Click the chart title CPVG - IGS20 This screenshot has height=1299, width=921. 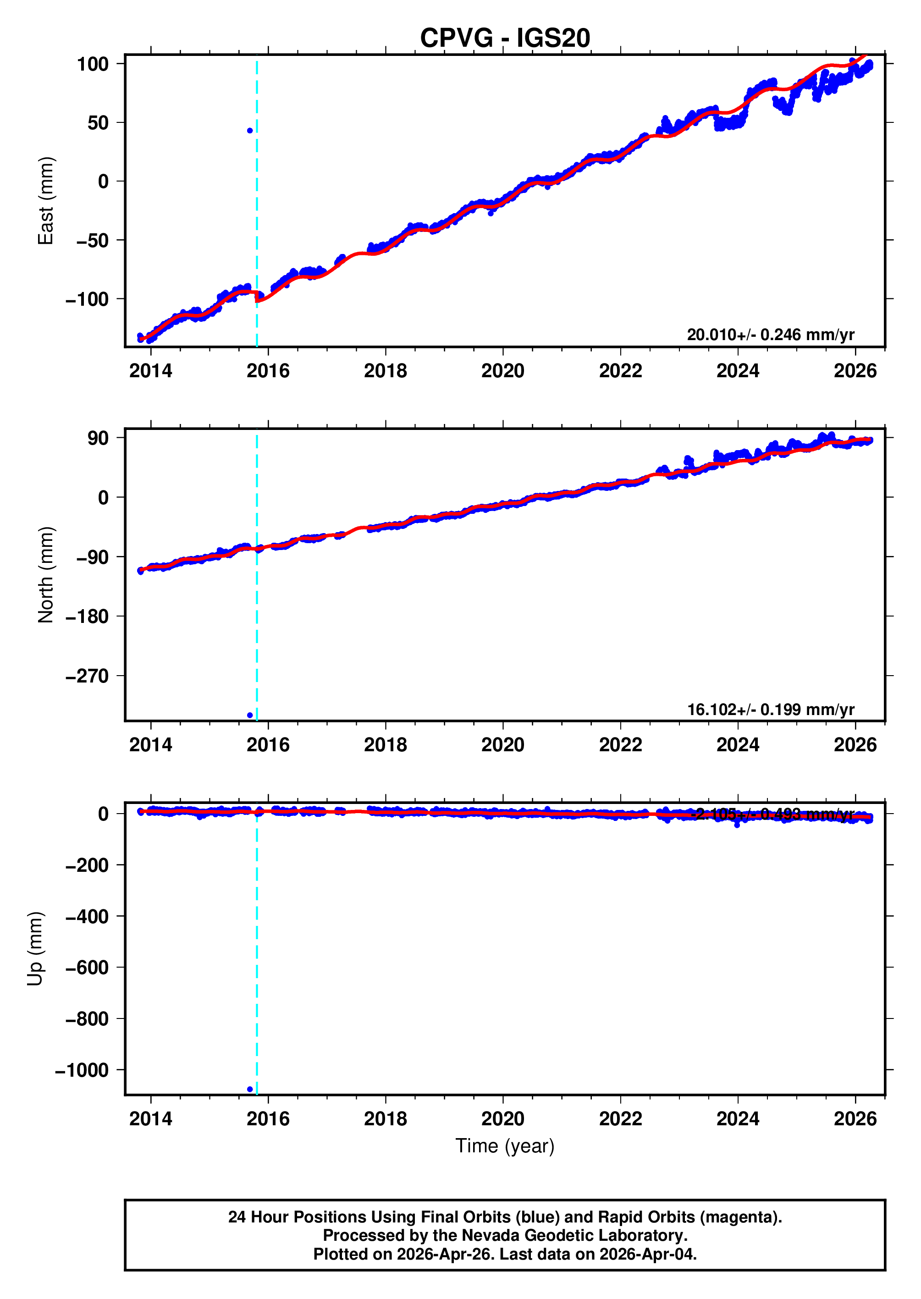505,38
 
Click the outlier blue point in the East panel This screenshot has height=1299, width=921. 250,131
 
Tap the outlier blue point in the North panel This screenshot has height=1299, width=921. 250,715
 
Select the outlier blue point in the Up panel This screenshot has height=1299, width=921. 250,1089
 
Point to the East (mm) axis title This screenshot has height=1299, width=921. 45,201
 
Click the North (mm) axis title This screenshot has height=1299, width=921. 45,575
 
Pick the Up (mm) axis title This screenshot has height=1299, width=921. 35,949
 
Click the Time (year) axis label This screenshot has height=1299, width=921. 505,1146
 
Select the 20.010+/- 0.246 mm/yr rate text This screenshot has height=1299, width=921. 770,335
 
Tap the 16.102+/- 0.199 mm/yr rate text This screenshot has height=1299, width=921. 770,710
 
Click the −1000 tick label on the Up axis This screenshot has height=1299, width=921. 82,1070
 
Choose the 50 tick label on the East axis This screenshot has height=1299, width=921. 98,122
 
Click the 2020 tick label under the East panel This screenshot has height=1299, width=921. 503,371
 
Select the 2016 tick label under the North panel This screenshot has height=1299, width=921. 268,744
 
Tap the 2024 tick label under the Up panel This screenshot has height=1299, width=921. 737,1119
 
